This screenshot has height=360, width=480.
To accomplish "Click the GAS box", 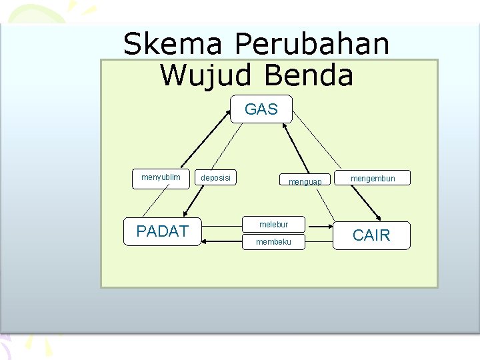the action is coord(261,109).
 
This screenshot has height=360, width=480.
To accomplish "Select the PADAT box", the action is coord(162,231).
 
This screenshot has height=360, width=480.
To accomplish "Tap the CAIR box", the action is coord(371,235).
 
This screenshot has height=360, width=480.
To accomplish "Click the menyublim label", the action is coord(161,178).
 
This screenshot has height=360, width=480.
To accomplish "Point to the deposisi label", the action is coord(216,178).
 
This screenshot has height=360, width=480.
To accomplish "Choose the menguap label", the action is coord(305,181).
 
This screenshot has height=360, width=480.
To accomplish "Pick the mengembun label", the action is coord(373,178).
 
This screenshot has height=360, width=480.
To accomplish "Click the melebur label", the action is coord(273,225).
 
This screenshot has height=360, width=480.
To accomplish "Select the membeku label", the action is coord(273,241).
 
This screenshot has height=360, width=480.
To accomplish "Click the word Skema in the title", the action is coord(173,44).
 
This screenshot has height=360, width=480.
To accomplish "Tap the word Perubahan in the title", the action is coord(312,44).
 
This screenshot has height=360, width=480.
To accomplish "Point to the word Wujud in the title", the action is coord(207,75).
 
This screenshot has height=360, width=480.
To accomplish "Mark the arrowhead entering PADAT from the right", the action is coord(204,241).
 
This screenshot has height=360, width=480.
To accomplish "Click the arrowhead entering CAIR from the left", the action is coord(329,225).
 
